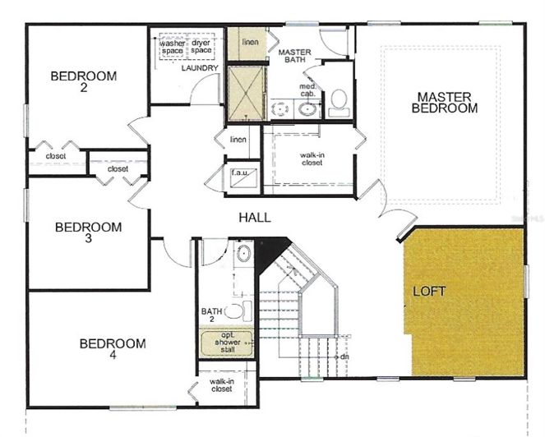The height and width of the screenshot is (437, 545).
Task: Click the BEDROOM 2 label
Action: click(x=84, y=82)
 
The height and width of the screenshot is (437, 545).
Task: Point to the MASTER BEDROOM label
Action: click(x=445, y=102)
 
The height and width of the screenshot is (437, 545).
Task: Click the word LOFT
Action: click(x=429, y=291)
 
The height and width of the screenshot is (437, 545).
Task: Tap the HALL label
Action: click(x=255, y=218)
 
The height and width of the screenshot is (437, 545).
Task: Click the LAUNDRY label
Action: click(x=199, y=68)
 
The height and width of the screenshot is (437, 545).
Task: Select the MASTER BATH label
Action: click(x=294, y=56)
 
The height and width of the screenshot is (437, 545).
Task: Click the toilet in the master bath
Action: click(x=337, y=103)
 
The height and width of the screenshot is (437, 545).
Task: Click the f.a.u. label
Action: click(x=240, y=172)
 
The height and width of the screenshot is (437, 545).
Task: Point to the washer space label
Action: click(x=172, y=47)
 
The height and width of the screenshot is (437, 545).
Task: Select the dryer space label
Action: click(x=201, y=47)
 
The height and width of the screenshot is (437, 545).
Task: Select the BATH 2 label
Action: click(x=212, y=311)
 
